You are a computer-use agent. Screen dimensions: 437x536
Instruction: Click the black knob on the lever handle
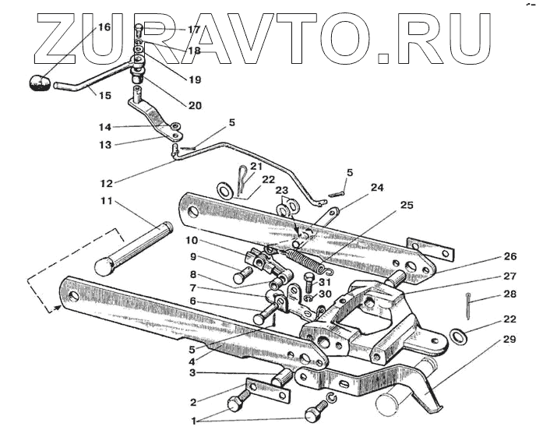click(x=40, y=83)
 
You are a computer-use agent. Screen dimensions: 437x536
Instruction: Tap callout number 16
click(x=103, y=27)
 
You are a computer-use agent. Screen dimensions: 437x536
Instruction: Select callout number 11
click(x=106, y=202)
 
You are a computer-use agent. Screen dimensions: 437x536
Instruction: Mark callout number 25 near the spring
click(x=406, y=206)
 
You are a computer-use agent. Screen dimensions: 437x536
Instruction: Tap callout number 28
click(x=510, y=295)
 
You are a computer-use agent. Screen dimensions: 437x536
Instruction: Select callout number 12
click(x=106, y=184)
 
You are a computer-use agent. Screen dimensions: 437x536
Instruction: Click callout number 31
click(x=324, y=281)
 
